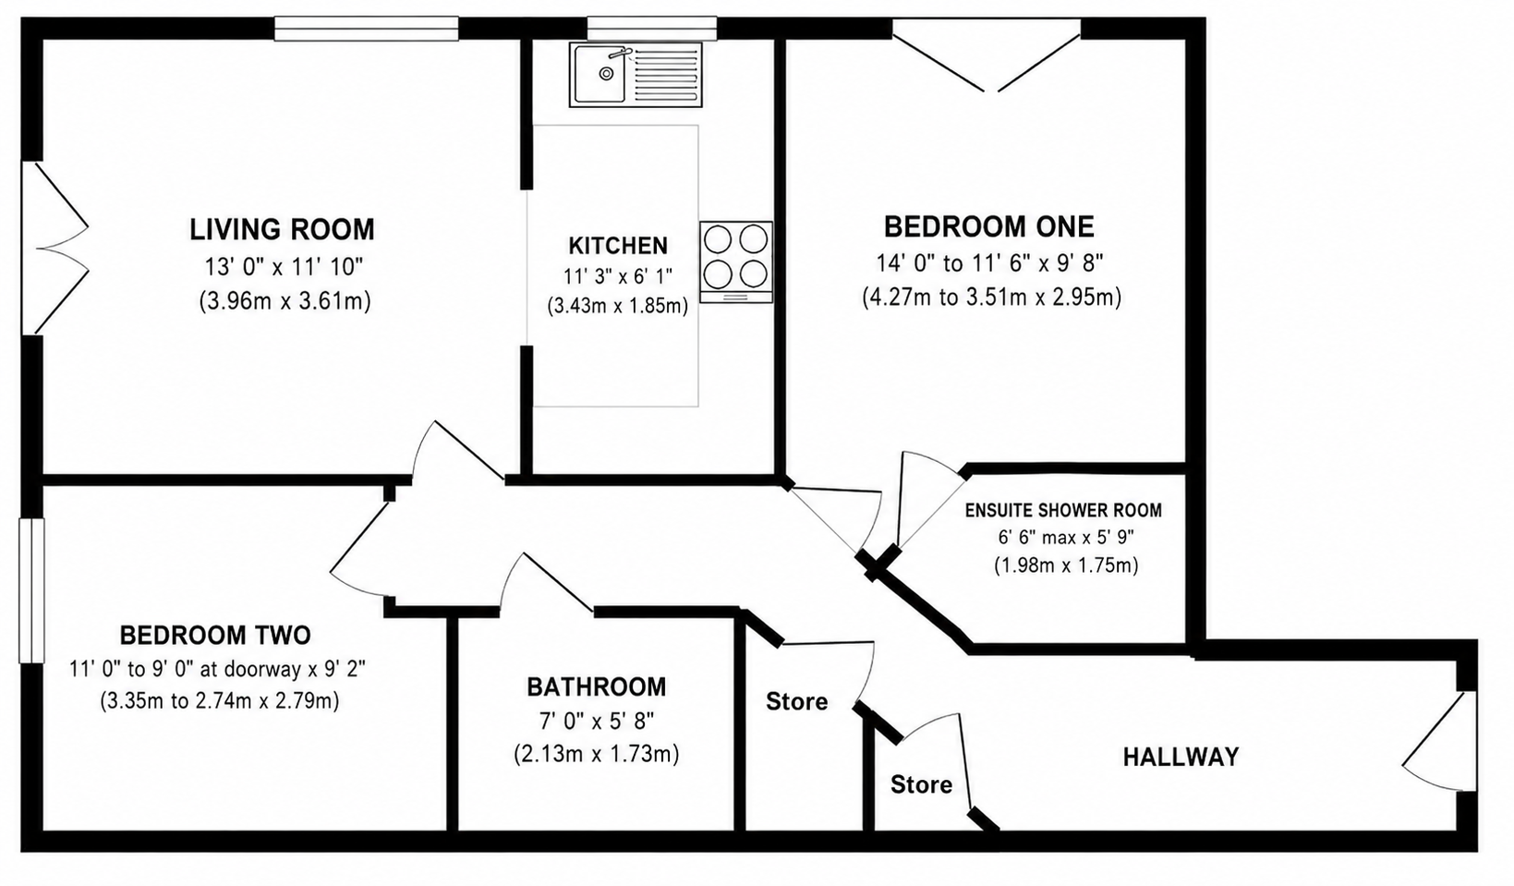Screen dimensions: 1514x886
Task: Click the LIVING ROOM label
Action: tap(282, 230)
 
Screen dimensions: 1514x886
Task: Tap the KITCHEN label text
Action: tap(618, 246)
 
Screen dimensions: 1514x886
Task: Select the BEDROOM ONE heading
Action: tap(988, 227)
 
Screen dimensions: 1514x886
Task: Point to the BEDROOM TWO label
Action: tap(215, 636)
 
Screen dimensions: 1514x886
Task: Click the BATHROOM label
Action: tap(596, 687)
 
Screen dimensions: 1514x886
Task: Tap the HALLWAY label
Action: tap(1181, 757)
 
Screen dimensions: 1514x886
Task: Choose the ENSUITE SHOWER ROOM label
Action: tap(1063, 510)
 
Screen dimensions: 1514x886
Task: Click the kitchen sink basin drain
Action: tap(606, 74)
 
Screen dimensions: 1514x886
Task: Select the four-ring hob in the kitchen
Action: tap(736, 261)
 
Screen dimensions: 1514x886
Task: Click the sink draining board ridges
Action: tap(665, 77)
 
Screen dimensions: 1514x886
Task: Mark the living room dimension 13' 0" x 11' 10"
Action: tap(284, 267)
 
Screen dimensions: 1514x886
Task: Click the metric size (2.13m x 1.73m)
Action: tap(596, 754)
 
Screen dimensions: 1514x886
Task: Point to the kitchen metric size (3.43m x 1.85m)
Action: tap(617, 306)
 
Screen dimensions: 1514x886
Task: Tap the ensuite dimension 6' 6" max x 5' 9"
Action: tap(1066, 538)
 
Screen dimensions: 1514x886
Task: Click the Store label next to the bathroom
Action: tap(796, 701)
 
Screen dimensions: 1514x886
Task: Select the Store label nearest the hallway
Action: tap(921, 784)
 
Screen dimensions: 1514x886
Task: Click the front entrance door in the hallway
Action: tap(1440, 741)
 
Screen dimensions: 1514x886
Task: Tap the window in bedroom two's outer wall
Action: tap(31, 590)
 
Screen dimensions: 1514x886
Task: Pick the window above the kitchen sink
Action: tap(651, 29)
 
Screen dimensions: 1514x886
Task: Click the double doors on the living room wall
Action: tap(55, 248)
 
